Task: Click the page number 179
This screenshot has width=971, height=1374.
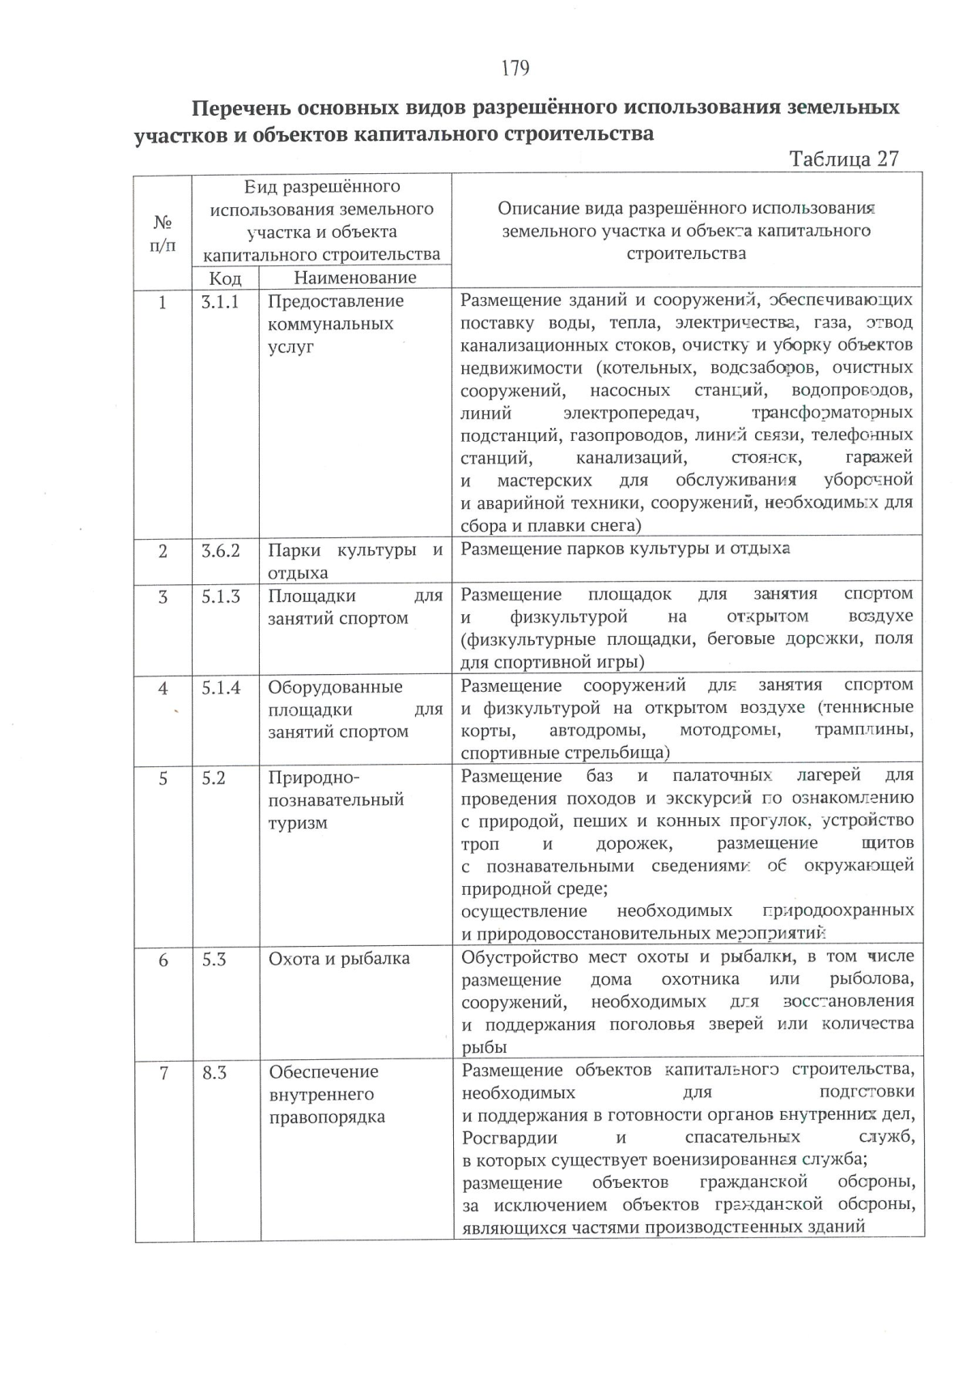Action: (x=515, y=68)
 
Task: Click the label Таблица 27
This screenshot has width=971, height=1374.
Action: (x=844, y=158)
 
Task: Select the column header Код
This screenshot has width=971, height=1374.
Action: (x=225, y=278)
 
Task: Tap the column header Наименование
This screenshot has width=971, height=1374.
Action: (x=355, y=278)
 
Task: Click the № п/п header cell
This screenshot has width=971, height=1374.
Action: (x=163, y=232)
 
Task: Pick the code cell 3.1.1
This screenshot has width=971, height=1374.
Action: (x=220, y=301)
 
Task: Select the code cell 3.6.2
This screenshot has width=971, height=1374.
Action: (x=220, y=551)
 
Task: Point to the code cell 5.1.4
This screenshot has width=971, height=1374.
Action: (x=220, y=688)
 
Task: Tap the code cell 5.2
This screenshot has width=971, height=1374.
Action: (x=214, y=778)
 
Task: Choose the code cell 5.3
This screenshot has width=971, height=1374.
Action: (x=214, y=960)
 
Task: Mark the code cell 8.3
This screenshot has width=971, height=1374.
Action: (x=214, y=1073)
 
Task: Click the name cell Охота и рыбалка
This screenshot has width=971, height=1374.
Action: (x=339, y=959)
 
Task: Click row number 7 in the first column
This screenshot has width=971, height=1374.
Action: (x=164, y=1073)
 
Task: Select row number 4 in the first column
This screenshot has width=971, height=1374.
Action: (x=163, y=688)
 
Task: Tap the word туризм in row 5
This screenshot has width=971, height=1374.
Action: (x=298, y=823)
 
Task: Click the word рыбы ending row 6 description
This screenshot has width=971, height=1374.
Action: (x=484, y=1047)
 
